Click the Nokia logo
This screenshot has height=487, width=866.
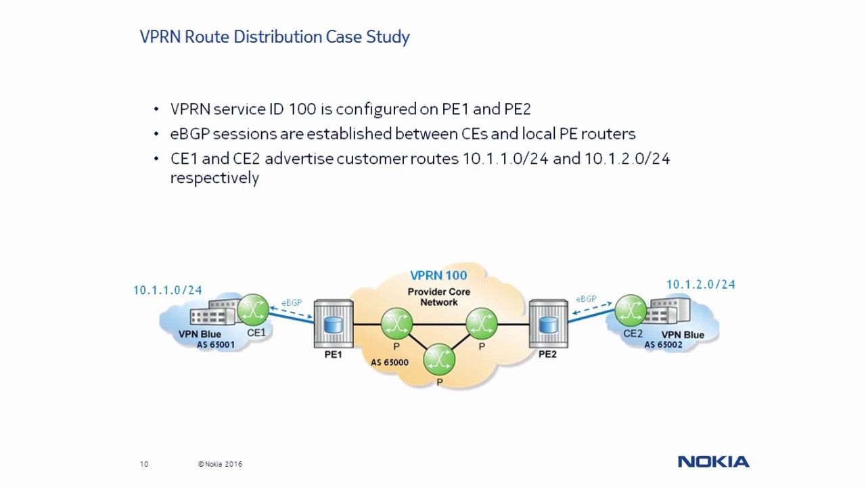(x=713, y=462)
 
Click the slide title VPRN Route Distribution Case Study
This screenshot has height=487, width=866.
(x=275, y=37)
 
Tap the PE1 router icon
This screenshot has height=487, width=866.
(x=333, y=324)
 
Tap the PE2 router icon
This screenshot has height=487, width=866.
(x=548, y=324)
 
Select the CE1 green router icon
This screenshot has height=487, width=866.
(x=253, y=310)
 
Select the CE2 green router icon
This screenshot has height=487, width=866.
(x=631, y=310)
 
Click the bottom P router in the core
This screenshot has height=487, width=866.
(x=439, y=360)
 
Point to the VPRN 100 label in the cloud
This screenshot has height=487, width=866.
(x=438, y=275)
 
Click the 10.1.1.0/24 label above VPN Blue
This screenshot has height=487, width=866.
(x=167, y=290)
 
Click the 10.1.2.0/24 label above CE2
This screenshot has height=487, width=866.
(x=700, y=285)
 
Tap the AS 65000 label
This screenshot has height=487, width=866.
(x=389, y=363)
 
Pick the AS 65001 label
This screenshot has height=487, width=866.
(x=215, y=345)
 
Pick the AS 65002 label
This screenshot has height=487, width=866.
(x=663, y=345)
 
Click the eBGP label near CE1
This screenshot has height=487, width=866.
(x=292, y=302)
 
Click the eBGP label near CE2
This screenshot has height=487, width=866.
(x=586, y=298)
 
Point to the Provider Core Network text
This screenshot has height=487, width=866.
(x=438, y=297)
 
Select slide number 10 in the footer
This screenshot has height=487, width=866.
(x=144, y=464)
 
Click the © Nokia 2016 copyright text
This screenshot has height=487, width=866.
(x=220, y=464)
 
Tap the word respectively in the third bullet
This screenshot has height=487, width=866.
(x=214, y=178)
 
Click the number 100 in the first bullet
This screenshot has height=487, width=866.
(x=302, y=109)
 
